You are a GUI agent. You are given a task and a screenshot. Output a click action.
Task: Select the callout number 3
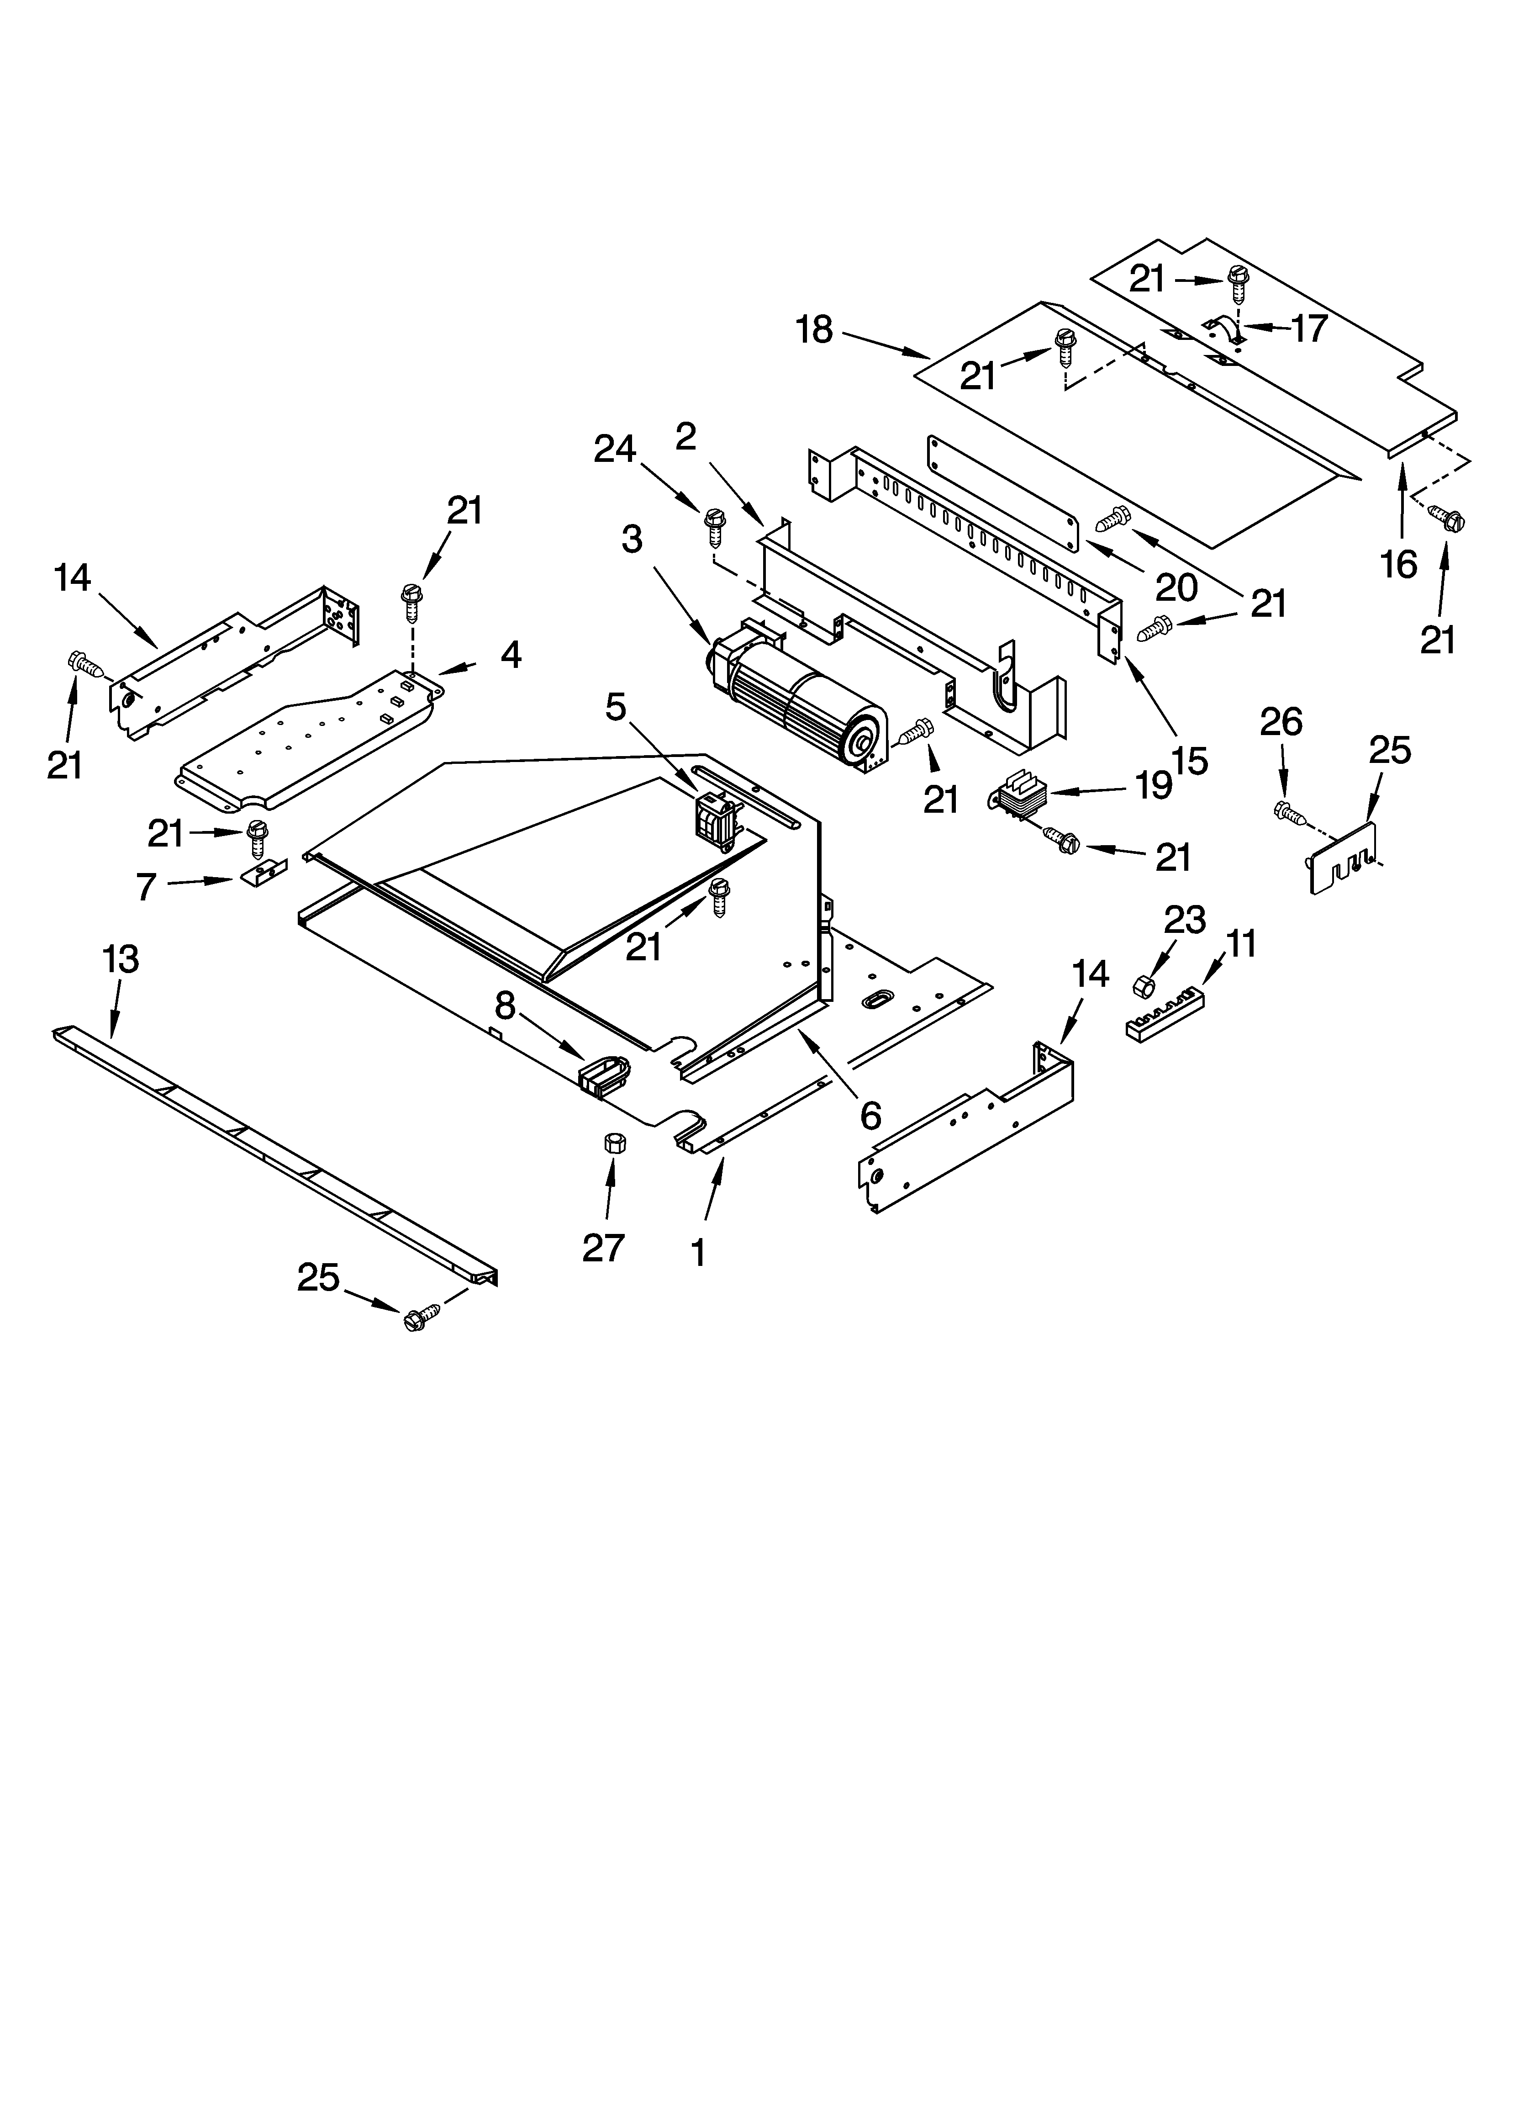click(x=632, y=539)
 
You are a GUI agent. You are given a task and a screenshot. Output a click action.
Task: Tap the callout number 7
click(x=146, y=887)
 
